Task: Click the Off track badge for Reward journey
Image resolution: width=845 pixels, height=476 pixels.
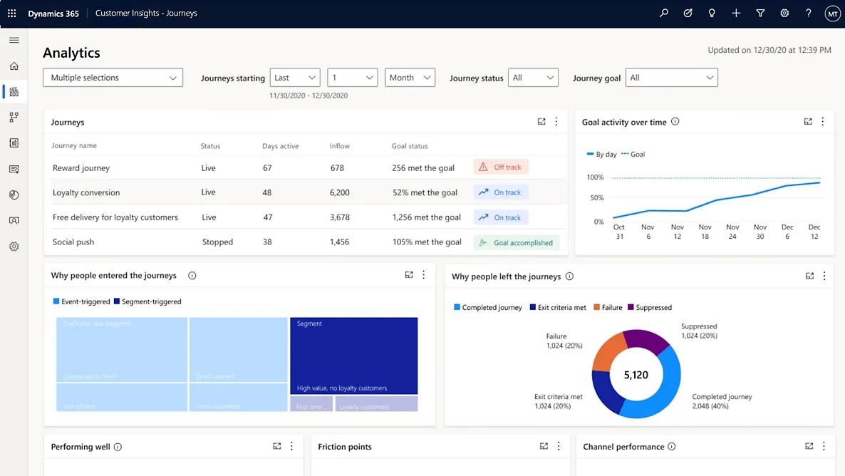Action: [x=501, y=167]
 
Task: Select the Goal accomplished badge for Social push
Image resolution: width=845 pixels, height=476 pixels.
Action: [x=517, y=242]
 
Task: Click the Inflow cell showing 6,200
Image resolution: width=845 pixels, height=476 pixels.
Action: [x=340, y=192]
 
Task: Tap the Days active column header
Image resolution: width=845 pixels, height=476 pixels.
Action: [x=280, y=146]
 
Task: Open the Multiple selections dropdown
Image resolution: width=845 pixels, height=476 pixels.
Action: [x=113, y=78]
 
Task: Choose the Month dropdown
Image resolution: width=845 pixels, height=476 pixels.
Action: [x=410, y=78]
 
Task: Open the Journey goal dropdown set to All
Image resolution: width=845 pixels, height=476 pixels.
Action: [x=671, y=78]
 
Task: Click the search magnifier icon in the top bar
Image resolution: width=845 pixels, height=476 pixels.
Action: [x=664, y=14]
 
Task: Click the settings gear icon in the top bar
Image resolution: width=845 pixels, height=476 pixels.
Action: [x=784, y=14]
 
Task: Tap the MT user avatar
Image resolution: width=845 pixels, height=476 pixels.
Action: [x=831, y=14]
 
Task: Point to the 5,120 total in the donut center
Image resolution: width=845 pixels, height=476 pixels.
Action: [x=636, y=375]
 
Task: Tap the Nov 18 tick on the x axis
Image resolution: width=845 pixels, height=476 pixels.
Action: [x=705, y=232]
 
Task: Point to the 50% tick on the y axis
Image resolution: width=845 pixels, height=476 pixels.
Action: [x=595, y=198]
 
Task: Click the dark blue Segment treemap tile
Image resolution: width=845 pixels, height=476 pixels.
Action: [x=353, y=356]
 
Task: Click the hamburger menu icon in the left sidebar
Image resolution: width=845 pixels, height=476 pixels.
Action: [x=14, y=41]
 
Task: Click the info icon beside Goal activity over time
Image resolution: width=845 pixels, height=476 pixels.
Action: [x=675, y=122]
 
